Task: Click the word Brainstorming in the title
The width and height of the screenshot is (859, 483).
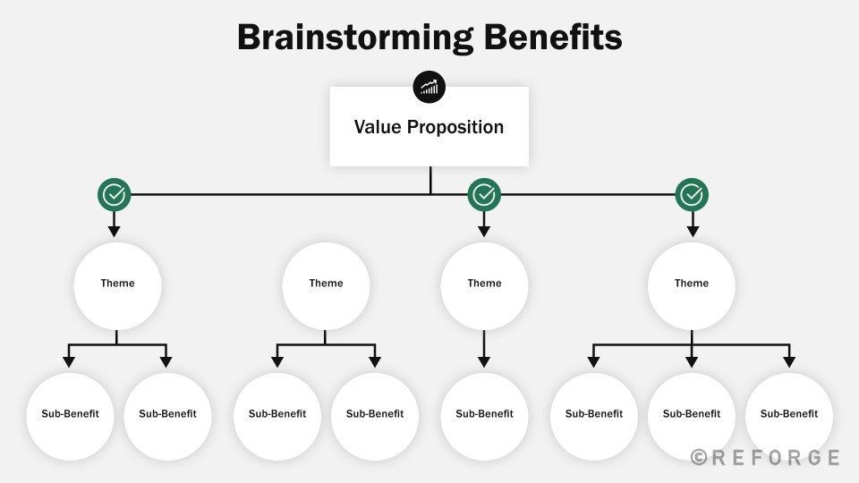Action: point(355,38)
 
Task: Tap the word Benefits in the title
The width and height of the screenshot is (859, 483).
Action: point(553,38)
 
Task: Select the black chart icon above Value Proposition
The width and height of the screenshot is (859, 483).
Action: point(429,87)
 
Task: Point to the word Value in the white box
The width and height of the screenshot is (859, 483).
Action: point(378,126)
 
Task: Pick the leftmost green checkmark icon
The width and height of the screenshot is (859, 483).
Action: point(114,194)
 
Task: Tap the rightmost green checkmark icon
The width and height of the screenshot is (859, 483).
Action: point(692,194)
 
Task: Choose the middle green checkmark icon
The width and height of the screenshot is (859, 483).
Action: point(484,194)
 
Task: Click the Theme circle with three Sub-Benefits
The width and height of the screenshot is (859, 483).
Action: point(692,286)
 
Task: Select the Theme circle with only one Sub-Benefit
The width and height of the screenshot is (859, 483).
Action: point(484,286)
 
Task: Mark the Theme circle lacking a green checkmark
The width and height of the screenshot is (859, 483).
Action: point(326,286)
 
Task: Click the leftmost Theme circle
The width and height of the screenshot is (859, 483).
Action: point(117,286)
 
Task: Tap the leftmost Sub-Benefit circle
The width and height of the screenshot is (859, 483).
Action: point(70,416)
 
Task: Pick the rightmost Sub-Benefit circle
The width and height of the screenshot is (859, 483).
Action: point(789,416)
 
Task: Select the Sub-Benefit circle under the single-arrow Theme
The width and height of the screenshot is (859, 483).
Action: point(484,416)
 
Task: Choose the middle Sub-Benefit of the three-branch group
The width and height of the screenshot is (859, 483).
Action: point(692,416)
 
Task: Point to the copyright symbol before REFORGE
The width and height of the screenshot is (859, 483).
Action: point(699,457)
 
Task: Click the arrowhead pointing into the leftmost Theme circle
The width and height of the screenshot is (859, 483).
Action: point(114,231)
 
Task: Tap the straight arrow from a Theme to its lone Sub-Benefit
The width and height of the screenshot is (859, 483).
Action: point(484,348)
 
